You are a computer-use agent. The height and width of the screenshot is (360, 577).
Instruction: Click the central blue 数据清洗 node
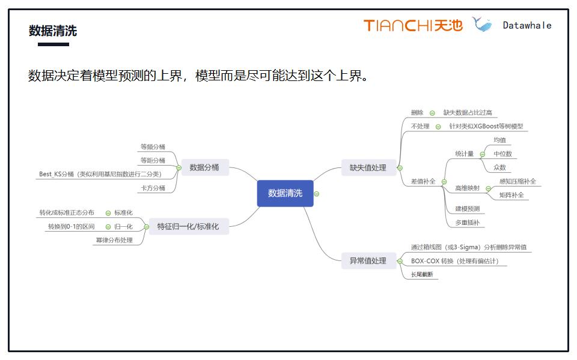[x=285, y=193]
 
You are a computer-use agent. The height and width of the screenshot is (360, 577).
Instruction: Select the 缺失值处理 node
[x=368, y=168]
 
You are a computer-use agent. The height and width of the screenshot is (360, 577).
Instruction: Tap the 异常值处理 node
[x=368, y=261]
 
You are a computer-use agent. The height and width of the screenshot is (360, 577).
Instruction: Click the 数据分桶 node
[x=204, y=167]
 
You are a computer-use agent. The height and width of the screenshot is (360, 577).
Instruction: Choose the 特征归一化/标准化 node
[x=188, y=226]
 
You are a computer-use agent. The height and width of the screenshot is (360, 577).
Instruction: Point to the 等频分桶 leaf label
[x=153, y=146]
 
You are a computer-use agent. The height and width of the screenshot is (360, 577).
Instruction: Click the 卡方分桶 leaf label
[x=153, y=188]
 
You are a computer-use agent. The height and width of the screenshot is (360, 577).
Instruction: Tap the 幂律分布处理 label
[x=114, y=241]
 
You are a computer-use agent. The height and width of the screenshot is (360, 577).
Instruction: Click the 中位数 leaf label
[x=502, y=154]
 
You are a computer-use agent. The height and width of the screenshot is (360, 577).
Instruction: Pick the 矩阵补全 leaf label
[x=511, y=195]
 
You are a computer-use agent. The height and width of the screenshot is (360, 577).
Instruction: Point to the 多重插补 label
[x=467, y=223]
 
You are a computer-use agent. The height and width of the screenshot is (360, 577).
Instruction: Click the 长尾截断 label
[x=421, y=275]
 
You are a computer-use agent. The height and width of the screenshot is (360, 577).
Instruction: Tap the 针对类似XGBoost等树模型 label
[x=486, y=127]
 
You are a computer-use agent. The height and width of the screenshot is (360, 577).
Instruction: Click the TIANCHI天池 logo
[x=413, y=25]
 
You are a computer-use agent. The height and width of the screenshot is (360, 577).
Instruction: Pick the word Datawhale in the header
[x=527, y=25]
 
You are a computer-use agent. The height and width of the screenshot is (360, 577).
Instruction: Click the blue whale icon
[x=482, y=25]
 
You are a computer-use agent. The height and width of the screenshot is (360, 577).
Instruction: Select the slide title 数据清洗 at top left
[x=53, y=31]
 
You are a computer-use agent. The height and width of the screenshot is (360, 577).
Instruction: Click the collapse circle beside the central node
[x=317, y=194]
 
